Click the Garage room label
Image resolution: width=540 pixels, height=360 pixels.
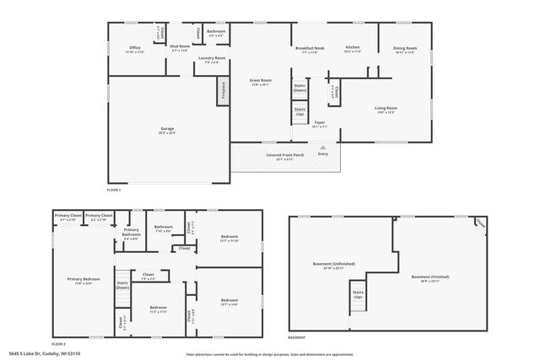168,130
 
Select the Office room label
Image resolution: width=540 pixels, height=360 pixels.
135,49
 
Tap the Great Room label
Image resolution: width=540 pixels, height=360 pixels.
260,83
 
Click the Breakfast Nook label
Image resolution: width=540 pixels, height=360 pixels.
310,49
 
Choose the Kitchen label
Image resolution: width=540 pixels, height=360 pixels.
353,49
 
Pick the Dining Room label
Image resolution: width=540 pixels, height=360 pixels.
406,49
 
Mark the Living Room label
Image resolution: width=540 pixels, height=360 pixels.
386,109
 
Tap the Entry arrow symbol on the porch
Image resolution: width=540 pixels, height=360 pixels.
322,147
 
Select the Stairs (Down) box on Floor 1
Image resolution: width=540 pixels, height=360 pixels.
300,87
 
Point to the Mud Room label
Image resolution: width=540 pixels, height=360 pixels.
181,47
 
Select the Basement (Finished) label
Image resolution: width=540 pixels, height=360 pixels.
429,278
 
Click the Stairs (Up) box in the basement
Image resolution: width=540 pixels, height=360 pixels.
358,295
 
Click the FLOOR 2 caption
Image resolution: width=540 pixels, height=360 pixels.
57,344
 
